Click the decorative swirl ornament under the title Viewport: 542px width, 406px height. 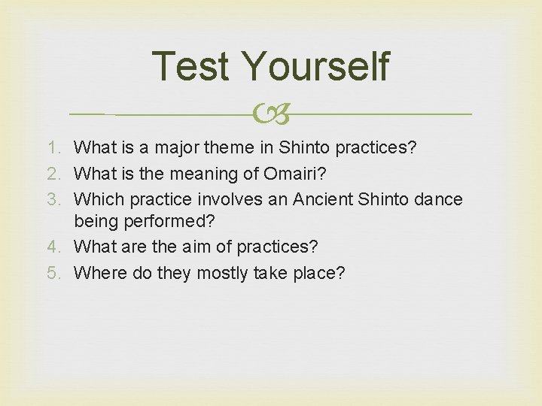(x=271, y=114)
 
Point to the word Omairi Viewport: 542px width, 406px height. (x=294, y=173)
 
